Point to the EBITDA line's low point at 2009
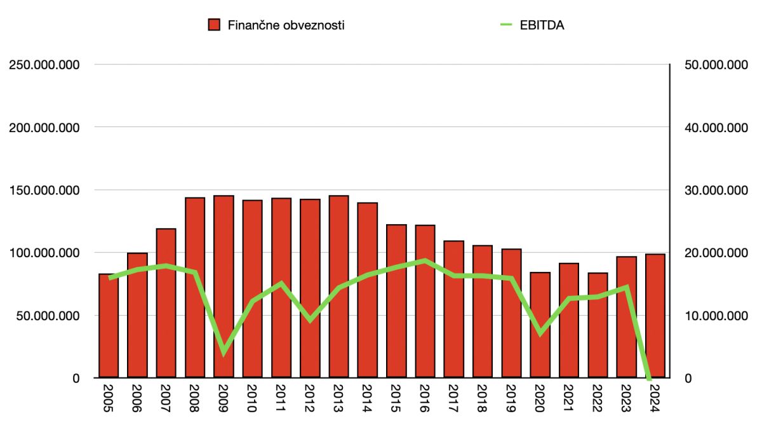point(224,352)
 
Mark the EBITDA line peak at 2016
point(425,260)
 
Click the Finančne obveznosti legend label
point(286,25)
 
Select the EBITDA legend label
point(541,25)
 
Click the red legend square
point(214,25)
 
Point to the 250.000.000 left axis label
point(43,65)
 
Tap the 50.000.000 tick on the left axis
point(46,316)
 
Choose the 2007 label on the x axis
point(166,399)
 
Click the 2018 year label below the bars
point(482,399)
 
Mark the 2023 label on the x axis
point(626,399)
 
